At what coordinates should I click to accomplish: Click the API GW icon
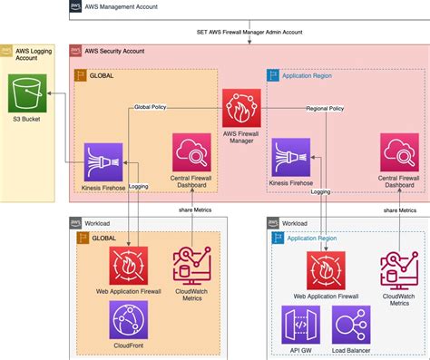301,324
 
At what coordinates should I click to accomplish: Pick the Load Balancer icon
350,324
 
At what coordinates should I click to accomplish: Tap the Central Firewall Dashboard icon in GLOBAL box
191,151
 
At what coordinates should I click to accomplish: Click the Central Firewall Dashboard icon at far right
400,151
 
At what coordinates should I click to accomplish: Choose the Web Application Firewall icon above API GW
325,270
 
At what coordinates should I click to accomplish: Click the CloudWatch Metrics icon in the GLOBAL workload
191,265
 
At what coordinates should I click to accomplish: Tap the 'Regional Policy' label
324,108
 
